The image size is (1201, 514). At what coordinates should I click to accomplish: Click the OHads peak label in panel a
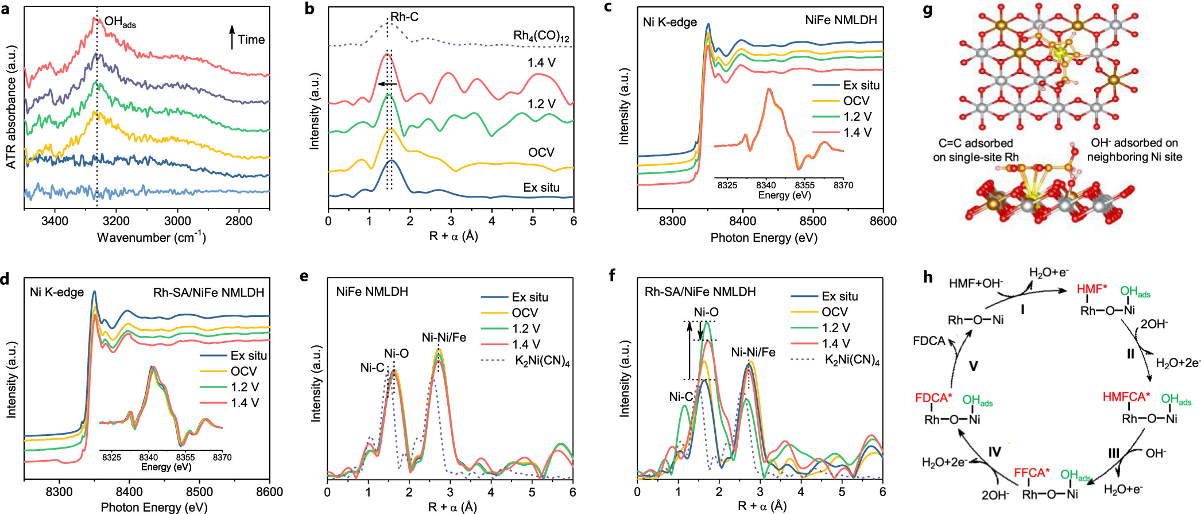point(119,22)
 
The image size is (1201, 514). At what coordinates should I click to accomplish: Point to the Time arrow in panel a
point(232,37)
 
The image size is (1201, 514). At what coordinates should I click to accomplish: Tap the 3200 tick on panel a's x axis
point(116,221)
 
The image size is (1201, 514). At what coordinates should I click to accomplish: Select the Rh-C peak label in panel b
point(404,17)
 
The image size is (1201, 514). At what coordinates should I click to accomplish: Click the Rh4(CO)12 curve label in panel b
point(541,36)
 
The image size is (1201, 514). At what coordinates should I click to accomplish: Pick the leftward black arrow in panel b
point(388,84)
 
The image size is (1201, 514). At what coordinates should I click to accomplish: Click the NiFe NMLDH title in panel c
point(840,20)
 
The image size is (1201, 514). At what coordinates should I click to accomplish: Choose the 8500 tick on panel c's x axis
point(813,221)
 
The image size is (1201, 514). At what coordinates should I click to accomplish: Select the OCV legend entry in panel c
point(856,101)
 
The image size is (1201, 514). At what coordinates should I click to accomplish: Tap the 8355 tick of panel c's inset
point(804,185)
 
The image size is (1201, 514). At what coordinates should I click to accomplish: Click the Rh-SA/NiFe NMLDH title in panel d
point(208,292)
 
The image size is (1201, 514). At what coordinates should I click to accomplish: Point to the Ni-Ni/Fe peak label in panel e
point(444,338)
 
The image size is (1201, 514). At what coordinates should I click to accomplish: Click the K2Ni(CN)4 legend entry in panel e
point(542,361)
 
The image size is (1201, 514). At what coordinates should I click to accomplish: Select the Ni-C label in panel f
point(681,397)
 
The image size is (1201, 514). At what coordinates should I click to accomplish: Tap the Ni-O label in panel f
point(706,312)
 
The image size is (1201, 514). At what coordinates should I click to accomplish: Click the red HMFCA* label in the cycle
point(1126,397)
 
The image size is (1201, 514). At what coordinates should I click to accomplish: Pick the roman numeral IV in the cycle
point(994,451)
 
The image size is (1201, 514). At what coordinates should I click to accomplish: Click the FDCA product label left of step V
point(929,341)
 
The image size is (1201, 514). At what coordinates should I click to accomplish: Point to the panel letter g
point(927,10)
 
